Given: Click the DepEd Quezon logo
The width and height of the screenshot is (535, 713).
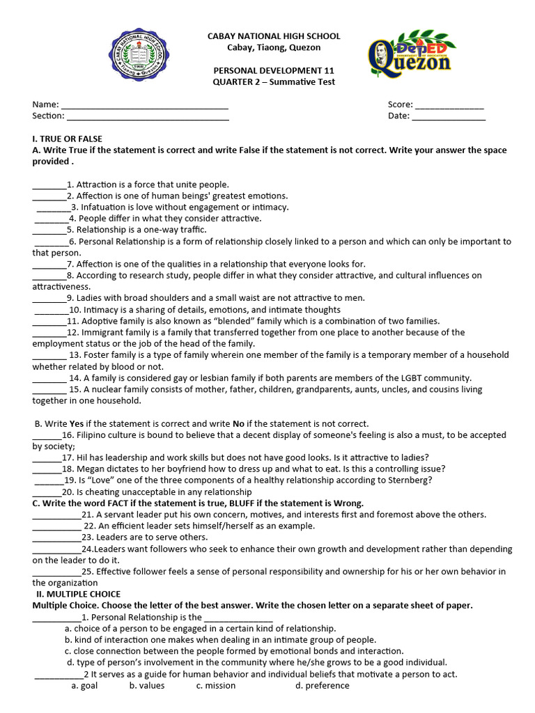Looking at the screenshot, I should [410, 52].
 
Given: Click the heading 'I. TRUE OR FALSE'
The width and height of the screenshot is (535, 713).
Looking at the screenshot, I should [67, 139].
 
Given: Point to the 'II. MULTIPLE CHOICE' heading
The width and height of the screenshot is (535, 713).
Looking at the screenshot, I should [78, 594].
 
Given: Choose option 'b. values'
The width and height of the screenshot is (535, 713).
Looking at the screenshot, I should [147, 685].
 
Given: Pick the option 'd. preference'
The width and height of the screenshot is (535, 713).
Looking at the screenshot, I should [322, 685].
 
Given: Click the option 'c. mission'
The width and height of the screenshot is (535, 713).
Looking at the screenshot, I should [216, 685].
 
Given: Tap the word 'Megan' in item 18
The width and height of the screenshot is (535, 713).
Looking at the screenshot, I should [91, 469].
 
